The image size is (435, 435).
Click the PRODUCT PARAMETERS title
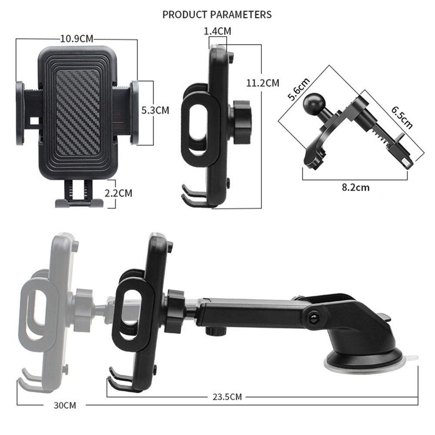click(x=217, y=14)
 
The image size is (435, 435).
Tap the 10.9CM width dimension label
click(x=77, y=39)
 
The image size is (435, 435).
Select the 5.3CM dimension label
click(x=155, y=110)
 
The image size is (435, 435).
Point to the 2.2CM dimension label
click(x=118, y=193)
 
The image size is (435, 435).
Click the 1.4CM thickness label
click(x=217, y=31)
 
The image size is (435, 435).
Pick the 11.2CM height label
click(x=263, y=83)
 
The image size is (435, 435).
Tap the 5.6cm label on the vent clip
click(x=298, y=89)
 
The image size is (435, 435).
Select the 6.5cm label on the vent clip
click(x=402, y=117)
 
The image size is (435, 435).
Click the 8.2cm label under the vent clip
click(x=355, y=187)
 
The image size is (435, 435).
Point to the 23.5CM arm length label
click(x=227, y=397)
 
